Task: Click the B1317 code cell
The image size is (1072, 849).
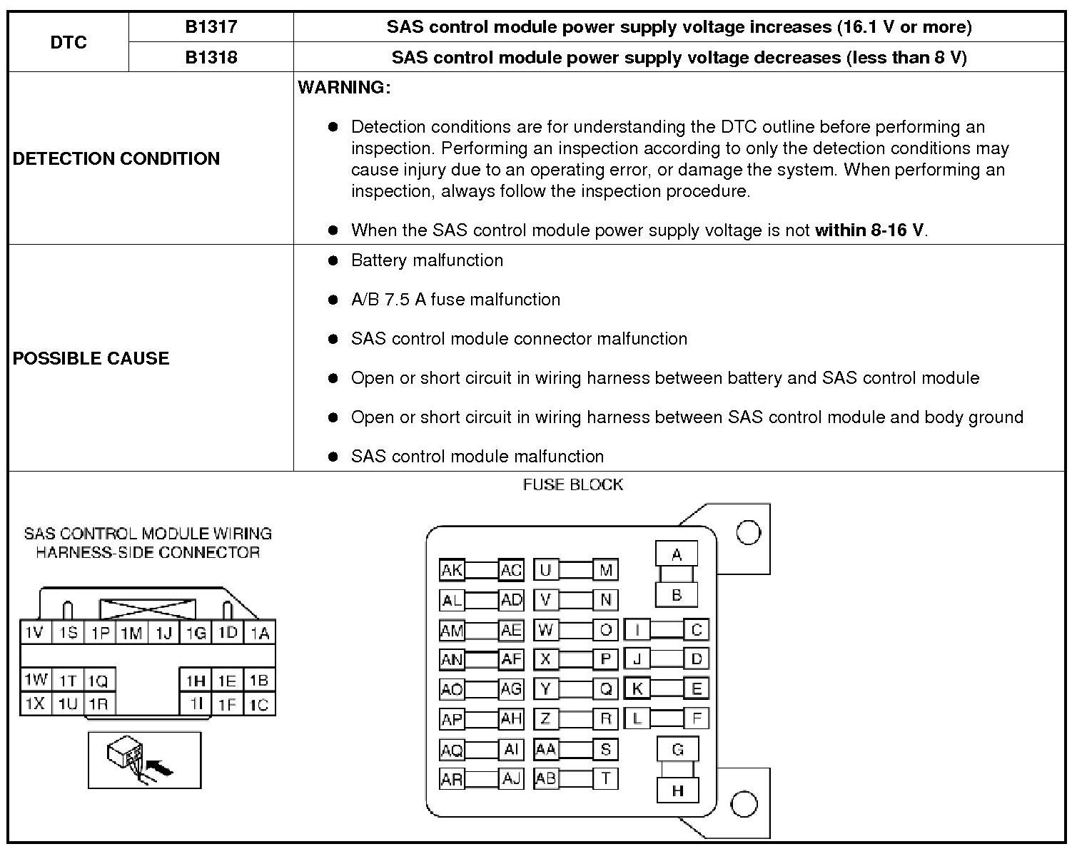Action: click(x=211, y=27)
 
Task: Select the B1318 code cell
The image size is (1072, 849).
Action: click(x=211, y=57)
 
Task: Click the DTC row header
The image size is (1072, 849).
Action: click(x=69, y=42)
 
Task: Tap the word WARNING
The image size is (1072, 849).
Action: click(x=344, y=88)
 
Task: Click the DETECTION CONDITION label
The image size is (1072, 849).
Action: click(x=116, y=158)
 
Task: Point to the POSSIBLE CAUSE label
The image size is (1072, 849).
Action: click(x=91, y=358)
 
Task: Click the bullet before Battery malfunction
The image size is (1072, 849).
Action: click(x=332, y=260)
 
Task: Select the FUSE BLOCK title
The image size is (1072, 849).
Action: click(x=572, y=485)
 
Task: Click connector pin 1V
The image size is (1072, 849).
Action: click(x=34, y=633)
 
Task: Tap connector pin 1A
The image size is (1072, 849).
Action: click(x=260, y=633)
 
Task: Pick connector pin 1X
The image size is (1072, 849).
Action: click(x=34, y=704)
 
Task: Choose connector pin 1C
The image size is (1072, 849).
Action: click(x=259, y=705)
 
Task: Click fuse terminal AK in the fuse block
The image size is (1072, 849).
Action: click(x=452, y=570)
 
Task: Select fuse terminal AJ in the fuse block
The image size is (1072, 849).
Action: click(x=511, y=778)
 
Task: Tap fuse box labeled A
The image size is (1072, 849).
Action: click(x=677, y=554)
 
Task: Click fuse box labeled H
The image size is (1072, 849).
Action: click(x=677, y=790)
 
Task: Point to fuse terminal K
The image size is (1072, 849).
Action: click(x=637, y=688)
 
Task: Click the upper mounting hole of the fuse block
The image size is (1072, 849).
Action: click(x=748, y=532)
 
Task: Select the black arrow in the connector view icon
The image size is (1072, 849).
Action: click(x=163, y=769)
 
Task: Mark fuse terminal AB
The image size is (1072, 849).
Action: click(x=546, y=778)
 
